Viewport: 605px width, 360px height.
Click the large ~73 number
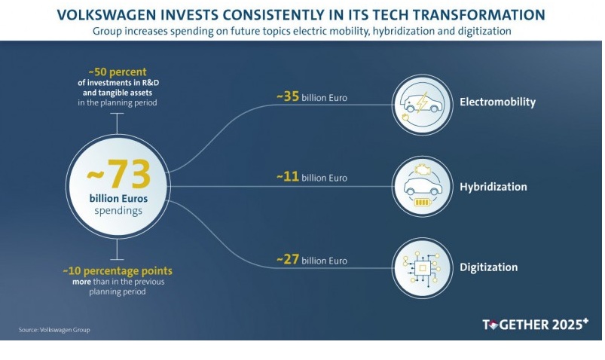tap(118, 174)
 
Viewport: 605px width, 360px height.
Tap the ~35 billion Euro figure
tap(312, 96)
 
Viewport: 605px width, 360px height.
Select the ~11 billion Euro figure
tap(312, 177)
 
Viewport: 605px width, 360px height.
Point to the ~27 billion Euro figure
tap(312, 259)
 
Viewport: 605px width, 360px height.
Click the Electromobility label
tap(497, 102)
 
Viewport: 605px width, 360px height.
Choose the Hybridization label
tap(493, 187)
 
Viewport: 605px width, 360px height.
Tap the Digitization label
tap(488, 267)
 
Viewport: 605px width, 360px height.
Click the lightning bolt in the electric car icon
tap(422, 102)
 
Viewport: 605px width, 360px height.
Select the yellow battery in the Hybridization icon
tap(422, 202)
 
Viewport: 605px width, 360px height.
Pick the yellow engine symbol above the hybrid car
tap(423, 169)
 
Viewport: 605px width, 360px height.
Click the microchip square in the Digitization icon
tap(423, 268)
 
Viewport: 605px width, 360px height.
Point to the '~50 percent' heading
tap(118, 72)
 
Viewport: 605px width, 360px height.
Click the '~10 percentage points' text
tap(118, 271)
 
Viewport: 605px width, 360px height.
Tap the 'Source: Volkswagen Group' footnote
tap(54, 330)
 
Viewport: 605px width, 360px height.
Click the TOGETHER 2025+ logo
tap(536, 324)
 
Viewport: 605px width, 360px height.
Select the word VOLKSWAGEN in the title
tap(107, 15)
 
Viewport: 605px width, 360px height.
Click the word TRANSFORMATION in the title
tap(479, 15)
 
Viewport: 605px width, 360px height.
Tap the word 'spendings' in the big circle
tap(118, 211)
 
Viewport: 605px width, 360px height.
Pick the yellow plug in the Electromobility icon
tap(405, 117)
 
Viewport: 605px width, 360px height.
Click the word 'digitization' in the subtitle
tap(484, 31)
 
